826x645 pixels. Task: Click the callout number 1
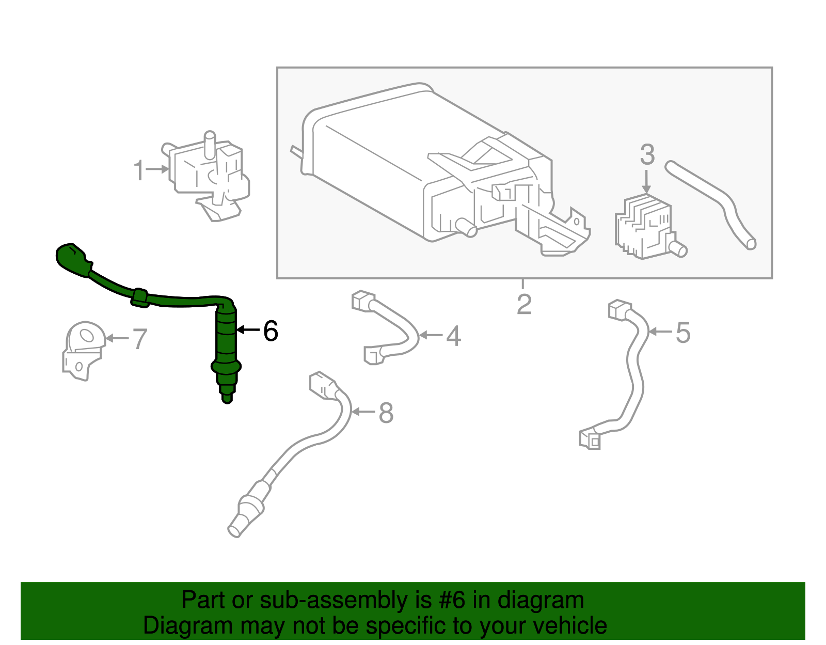(x=138, y=170)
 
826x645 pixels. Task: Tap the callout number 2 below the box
(x=524, y=304)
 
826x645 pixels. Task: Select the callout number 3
(x=647, y=155)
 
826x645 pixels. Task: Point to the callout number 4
(x=453, y=336)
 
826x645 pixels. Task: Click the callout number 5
(x=682, y=333)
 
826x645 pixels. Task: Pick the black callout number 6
(x=271, y=331)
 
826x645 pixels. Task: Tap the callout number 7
(x=140, y=339)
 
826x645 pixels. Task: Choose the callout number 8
(x=386, y=413)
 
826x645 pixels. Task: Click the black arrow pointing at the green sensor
(x=248, y=329)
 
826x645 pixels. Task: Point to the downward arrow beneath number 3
(x=646, y=183)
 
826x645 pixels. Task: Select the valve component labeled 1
(x=209, y=173)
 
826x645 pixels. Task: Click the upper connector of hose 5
(x=618, y=310)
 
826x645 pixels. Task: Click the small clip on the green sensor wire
(x=140, y=298)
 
